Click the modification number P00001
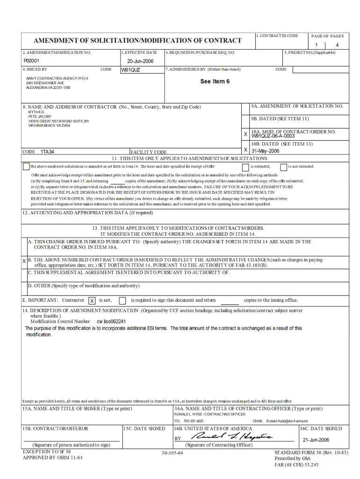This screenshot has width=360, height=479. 31,61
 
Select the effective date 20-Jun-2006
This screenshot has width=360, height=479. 140,61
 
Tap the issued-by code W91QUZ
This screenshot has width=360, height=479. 130,70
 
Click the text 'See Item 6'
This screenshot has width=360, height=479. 215,81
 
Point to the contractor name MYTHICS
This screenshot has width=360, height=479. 36,112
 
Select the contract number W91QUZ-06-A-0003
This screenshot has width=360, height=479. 273,136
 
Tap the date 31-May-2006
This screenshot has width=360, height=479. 265,151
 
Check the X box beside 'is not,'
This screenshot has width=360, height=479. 92,301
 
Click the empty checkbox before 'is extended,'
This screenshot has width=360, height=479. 245,167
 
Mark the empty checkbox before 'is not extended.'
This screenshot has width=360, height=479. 283,167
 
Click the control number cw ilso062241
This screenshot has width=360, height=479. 111,322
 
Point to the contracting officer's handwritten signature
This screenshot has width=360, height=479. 233,437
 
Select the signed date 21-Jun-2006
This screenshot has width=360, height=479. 316,440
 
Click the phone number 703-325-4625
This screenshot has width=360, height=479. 194,421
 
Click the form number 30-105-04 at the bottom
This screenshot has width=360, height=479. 173,453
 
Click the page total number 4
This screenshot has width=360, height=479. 337,45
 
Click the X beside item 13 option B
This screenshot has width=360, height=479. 24,261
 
